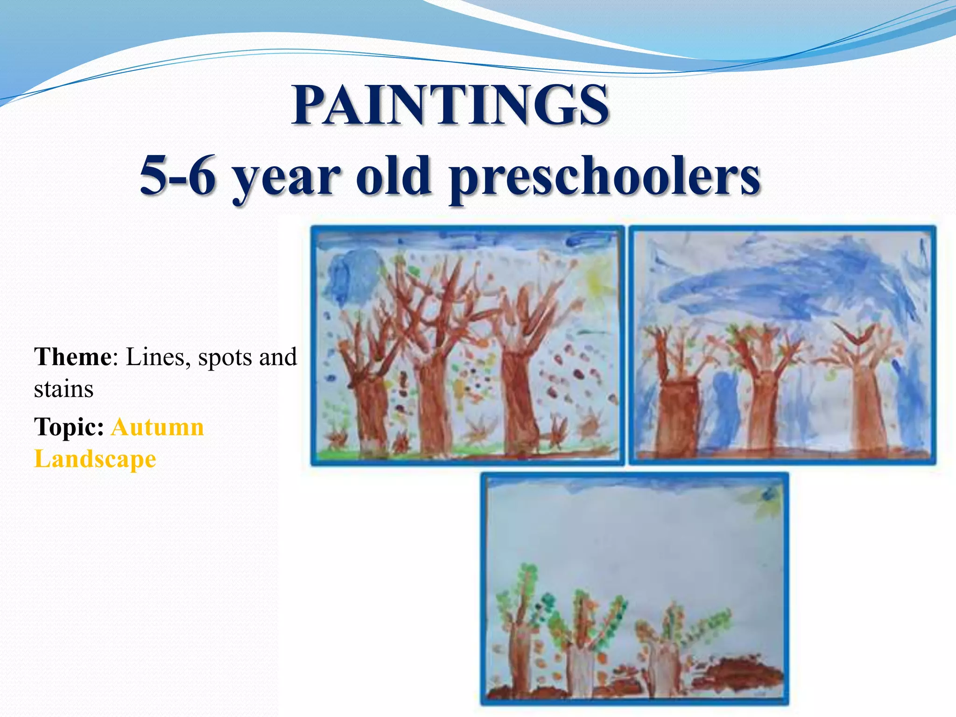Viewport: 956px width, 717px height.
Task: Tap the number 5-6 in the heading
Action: pyautogui.click(x=177, y=175)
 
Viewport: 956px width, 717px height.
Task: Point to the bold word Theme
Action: pyautogui.click(x=72, y=357)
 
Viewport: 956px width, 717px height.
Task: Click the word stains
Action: pyautogui.click(x=63, y=389)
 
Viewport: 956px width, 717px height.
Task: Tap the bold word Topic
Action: pyautogui.click(x=69, y=427)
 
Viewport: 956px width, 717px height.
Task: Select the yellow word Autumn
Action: pyautogui.click(x=157, y=427)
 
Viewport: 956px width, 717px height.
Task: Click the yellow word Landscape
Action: pyautogui.click(x=95, y=459)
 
